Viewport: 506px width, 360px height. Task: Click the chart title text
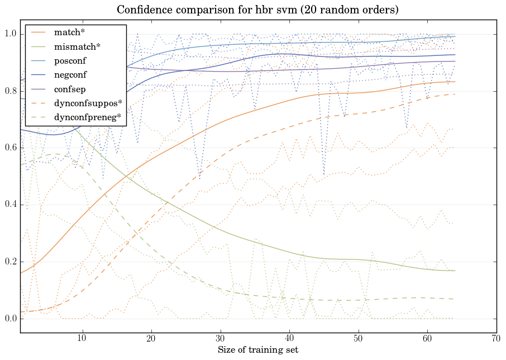click(257, 10)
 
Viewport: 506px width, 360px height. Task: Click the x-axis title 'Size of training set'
click(257, 350)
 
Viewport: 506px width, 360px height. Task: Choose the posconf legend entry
click(70, 60)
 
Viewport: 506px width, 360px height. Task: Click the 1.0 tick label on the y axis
click(11, 34)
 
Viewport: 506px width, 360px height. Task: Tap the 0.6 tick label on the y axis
click(11, 148)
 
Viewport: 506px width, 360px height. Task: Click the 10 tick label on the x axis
click(82, 338)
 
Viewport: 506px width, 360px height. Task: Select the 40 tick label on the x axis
click(289, 338)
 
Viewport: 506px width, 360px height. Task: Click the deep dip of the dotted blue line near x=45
click(324, 174)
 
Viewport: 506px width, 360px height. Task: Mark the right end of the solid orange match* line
click(455, 82)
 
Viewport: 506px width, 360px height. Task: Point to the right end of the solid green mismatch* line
click(455, 271)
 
